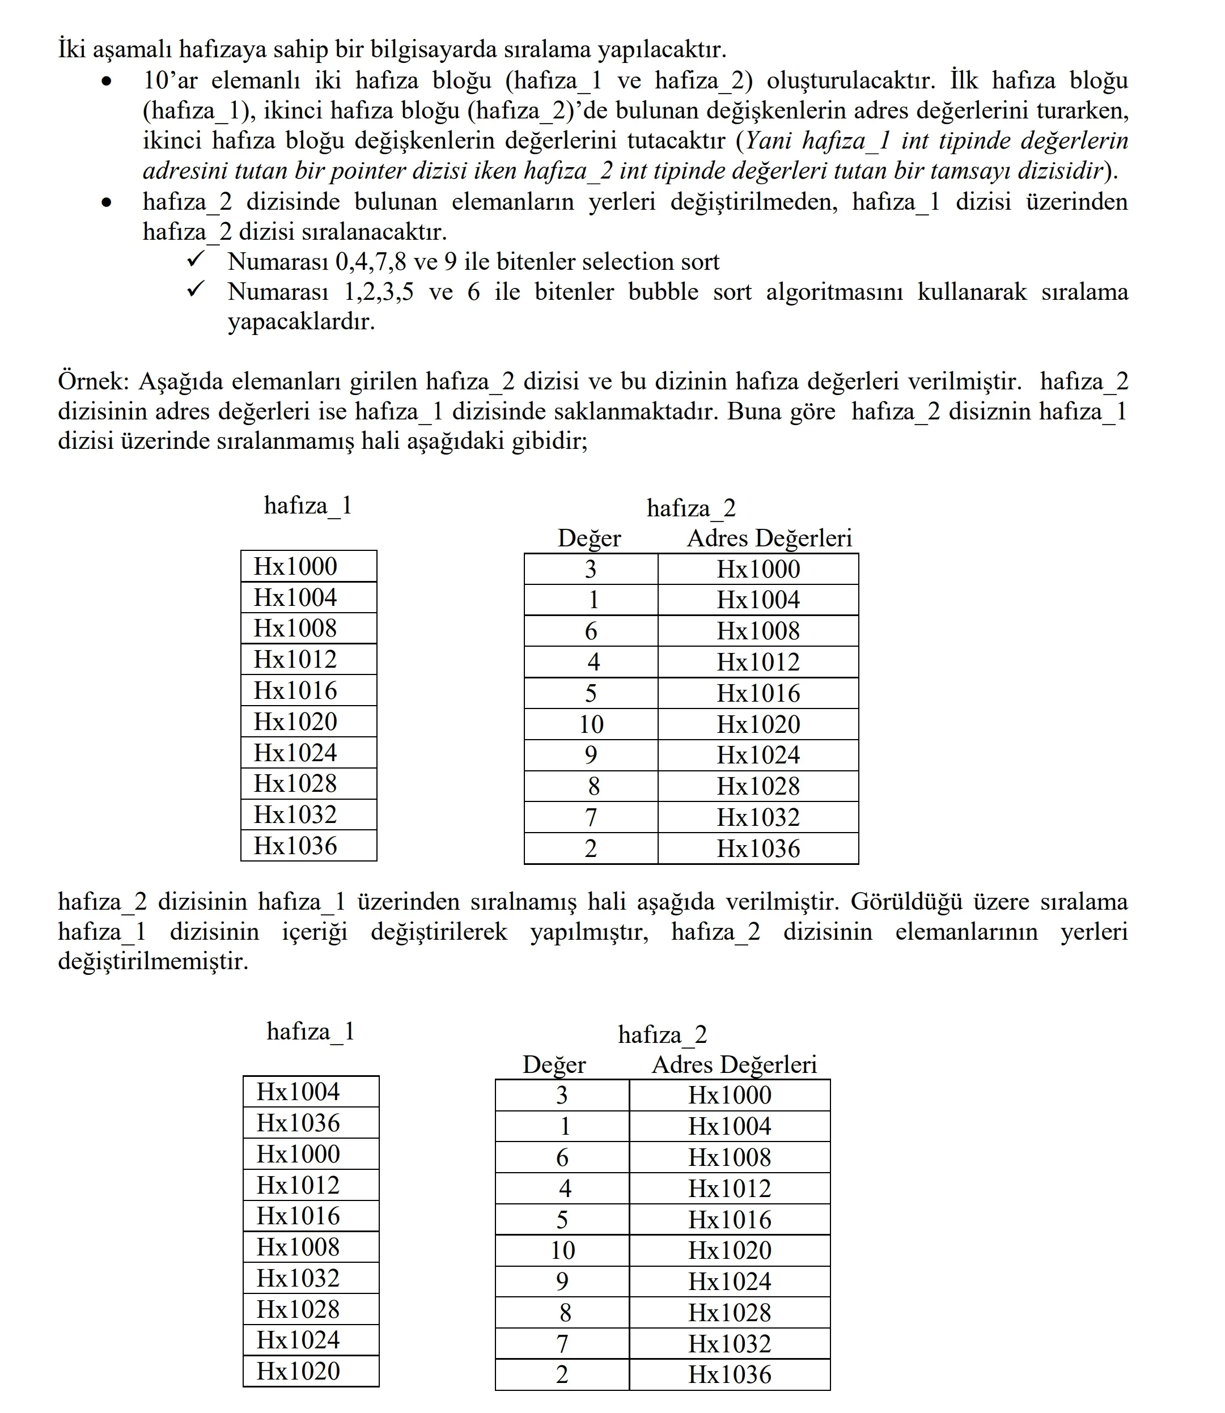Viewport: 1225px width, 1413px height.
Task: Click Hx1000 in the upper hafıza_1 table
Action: click(295, 566)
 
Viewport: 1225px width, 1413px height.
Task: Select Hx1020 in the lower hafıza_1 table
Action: click(298, 1370)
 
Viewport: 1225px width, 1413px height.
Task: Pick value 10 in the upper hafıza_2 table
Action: click(591, 724)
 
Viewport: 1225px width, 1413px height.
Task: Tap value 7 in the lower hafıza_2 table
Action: click(562, 1344)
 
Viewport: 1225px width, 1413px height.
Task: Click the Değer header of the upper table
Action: click(589, 538)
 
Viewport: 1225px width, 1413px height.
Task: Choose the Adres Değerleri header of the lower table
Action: click(734, 1064)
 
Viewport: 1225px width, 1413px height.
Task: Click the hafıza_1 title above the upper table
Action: click(308, 506)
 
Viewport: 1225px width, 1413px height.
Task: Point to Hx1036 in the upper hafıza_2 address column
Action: click(758, 848)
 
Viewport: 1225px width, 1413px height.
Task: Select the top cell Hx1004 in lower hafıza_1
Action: click(298, 1092)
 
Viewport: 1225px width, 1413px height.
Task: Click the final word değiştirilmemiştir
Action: click(152, 961)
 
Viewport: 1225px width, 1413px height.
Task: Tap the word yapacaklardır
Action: click(302, 321)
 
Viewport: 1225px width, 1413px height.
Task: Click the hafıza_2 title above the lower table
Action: click(663, 1034)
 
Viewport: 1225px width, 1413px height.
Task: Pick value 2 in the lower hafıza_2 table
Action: click(562, 1374)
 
